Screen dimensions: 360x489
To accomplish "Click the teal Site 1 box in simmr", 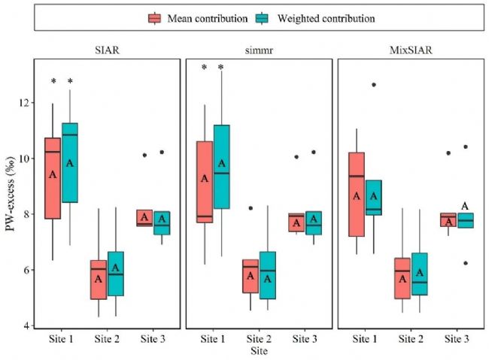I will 221,167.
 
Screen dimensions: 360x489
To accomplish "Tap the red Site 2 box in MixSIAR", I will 402,278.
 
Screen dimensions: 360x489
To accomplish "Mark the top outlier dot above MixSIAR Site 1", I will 373,84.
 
